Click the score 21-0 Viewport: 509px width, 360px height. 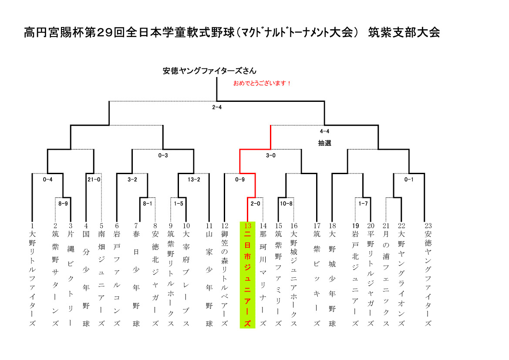94,179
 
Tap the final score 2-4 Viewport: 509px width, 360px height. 217,108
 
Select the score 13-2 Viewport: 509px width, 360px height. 194,179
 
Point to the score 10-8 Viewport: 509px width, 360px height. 286,204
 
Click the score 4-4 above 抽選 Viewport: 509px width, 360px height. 324,131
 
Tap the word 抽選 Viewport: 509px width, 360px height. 324,143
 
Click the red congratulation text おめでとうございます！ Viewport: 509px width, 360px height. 262,84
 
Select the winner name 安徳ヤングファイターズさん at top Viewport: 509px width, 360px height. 209,71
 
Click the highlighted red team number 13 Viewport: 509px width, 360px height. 248,226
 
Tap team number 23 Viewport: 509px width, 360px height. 428,226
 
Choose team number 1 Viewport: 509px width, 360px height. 32,226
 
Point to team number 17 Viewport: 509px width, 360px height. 317,226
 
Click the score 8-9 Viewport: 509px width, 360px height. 63,204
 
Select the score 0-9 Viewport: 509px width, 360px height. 240,179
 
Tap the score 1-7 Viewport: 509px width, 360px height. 363,204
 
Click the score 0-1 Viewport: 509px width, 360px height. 409,179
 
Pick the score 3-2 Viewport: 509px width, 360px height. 132,179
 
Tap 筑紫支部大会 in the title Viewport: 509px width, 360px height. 404,33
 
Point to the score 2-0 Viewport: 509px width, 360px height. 255,204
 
